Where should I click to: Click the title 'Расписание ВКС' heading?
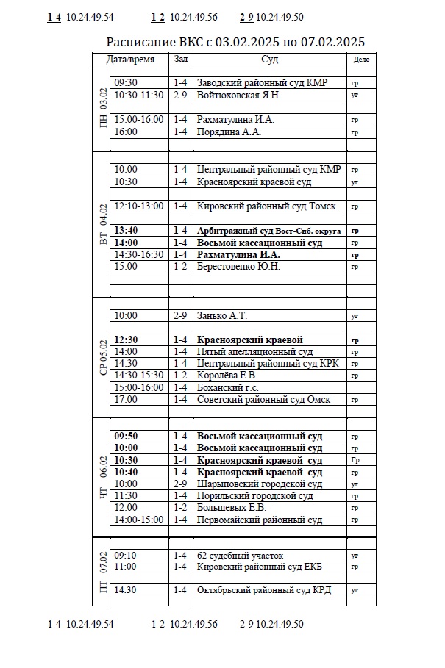[235, 42]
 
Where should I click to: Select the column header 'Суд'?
[269, 59]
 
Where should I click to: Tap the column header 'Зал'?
[180, 59]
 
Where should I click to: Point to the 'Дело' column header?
[361, 59]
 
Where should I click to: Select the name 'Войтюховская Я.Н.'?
[238, 96]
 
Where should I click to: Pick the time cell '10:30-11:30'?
[139, 96]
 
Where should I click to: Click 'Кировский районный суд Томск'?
[266, 206]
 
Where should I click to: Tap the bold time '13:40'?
[126, 230]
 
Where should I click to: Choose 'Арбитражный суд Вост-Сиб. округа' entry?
[268, 231]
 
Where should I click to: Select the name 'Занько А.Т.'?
[221, 316]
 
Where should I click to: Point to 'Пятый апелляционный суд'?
[254, 352]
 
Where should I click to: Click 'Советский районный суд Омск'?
[263, 400]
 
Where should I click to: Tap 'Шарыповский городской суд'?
[259, 484]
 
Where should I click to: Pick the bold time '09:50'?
[126, 436]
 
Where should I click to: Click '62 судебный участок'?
[240, 556]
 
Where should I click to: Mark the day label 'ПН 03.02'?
[103, 108]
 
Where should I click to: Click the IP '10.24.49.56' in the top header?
[193, 17]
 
